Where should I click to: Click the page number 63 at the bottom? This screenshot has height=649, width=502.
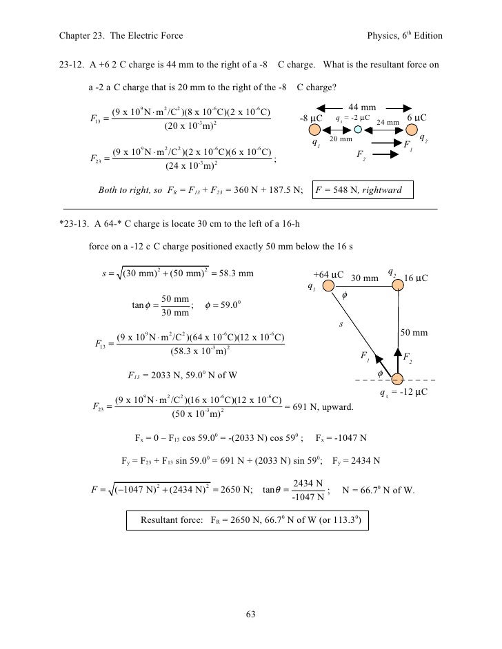pyautogui.click(x=251, y=615)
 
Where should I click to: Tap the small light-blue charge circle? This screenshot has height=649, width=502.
pyautogui.click(x=358, y=130)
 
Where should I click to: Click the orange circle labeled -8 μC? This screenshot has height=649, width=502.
pyautogui.click(x=314, y=130)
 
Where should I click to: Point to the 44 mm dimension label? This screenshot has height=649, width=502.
pyautogui.click(x=363, y=107)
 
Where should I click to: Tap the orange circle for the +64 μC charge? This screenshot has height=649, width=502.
pyautogui.click(x=328, y=285)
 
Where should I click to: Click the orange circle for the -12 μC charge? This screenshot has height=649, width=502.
pyautogui.click(x=397, y=379)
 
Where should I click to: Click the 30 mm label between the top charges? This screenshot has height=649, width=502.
pyautogui.click(x=365, y=278)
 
